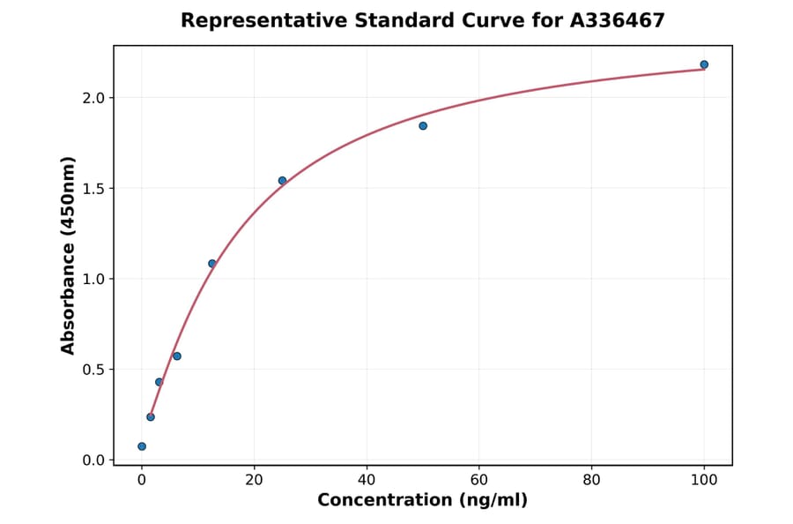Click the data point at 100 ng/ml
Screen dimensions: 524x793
704,64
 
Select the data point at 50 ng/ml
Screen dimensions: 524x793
423,126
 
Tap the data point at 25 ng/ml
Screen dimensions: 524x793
282,181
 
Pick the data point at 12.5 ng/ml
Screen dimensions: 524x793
212,264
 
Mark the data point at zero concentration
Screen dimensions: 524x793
142,446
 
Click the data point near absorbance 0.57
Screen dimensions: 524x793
177,356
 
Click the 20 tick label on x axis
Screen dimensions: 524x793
255,481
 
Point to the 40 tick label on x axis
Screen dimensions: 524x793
367,481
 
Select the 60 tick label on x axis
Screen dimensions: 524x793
479,481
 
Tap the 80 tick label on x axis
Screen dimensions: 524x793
592,481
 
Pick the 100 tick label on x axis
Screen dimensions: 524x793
704,481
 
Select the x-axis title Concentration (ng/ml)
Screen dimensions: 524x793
423,501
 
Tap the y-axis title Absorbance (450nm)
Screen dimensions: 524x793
69,256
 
